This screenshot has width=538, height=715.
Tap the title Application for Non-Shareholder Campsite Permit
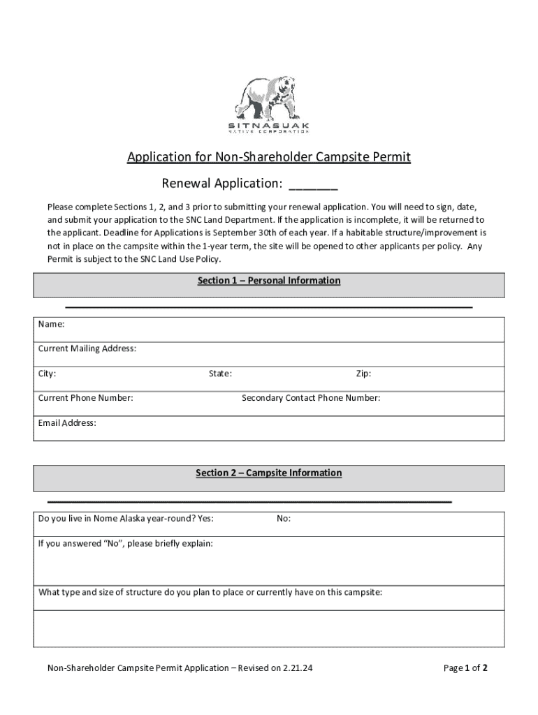(x=268, y=157)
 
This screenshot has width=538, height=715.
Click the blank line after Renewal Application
(x=313, y=185)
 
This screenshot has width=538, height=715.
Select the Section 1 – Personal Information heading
(x=269, y=281)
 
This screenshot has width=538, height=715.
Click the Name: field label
(x=52, y=324)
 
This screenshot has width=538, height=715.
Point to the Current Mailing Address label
(x=87, y=348)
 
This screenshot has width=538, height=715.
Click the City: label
(x=47, y=374)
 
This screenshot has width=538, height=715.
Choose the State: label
(x=220, y=374)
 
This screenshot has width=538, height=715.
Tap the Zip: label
(x=363, y=374)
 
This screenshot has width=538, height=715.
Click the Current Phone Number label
(x=85, y=398)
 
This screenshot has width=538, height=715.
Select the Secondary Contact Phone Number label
(x=311, y=398)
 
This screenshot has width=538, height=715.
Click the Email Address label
(x=67, y=422)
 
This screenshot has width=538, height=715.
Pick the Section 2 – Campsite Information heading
(x=269, y=473)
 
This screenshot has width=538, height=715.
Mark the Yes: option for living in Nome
(x=205, y=518)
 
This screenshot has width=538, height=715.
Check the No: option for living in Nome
(x=284, y=518)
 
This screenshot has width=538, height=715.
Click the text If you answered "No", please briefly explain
(x=126, y=543)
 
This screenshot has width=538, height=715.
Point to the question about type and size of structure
(x=210, y=592)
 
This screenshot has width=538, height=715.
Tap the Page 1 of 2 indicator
(x=465, y=668)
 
